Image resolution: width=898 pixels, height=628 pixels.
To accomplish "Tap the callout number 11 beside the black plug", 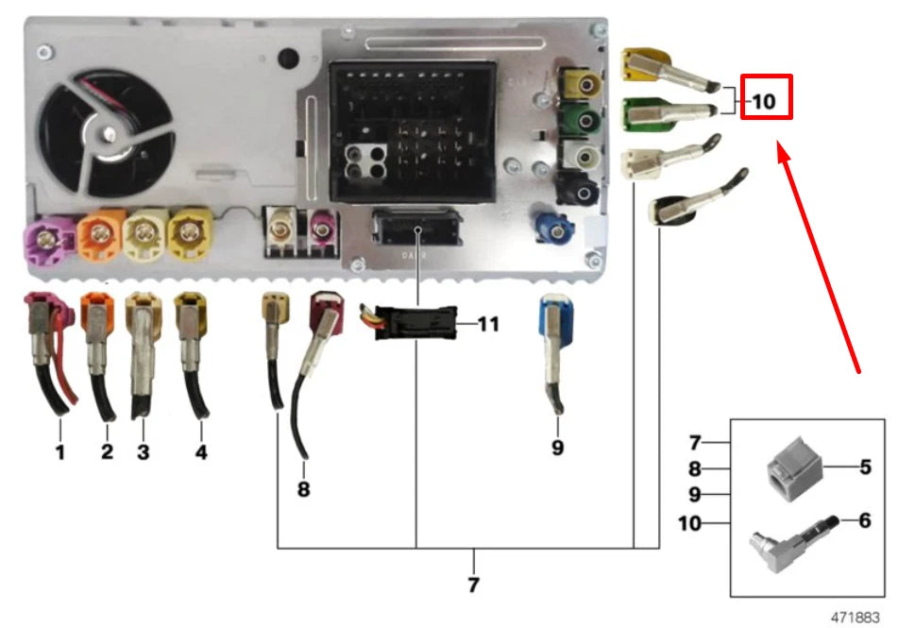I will coord(487,325).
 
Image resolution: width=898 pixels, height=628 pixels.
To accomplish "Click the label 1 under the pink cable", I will coord(59,452).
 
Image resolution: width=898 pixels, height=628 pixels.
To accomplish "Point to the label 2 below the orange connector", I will coord(107,452).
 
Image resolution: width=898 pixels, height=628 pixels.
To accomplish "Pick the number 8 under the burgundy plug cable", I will coord(303,489).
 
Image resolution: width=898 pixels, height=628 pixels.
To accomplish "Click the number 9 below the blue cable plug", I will coord(557,448).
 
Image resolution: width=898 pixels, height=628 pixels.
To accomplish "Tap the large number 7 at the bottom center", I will coord(473,585).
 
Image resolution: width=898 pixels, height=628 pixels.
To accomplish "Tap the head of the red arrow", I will coord(780,147).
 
